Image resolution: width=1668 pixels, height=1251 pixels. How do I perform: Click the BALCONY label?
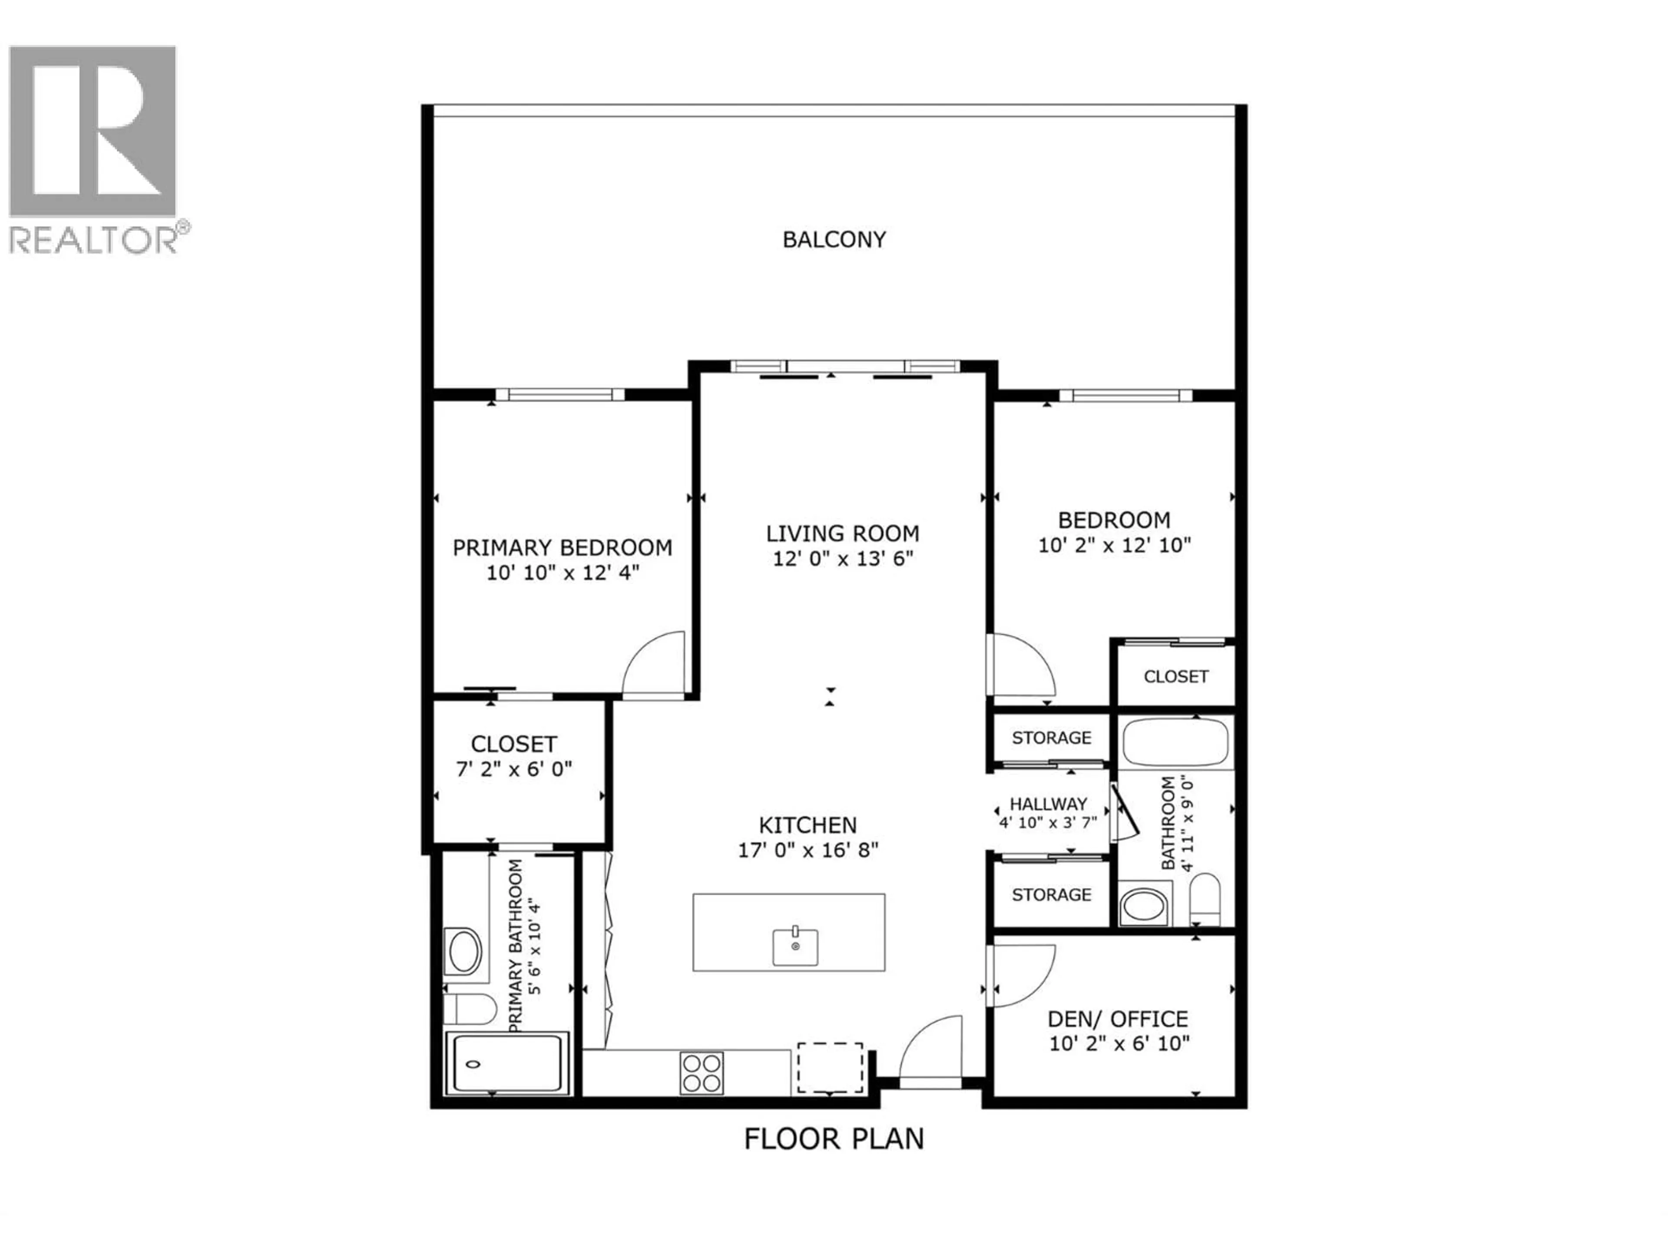click(834, 240)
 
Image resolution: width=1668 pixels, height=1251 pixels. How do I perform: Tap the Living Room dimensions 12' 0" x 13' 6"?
click(842, 559)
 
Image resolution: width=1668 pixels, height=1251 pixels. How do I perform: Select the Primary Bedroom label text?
click(562, 547)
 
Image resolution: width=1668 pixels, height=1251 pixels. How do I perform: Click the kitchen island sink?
click(795, 947)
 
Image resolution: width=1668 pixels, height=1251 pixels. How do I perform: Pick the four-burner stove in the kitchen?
click(701, 1073)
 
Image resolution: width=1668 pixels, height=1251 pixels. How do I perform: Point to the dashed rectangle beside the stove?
click(830, 1067)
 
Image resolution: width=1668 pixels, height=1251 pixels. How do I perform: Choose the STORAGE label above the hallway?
click(1051, 738)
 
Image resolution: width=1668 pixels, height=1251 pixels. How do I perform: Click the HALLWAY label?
click(1048, 804)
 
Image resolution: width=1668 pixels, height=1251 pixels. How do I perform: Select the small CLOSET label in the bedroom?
click(1175, 676)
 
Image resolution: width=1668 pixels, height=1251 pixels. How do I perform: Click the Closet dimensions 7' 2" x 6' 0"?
click(513, 769)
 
